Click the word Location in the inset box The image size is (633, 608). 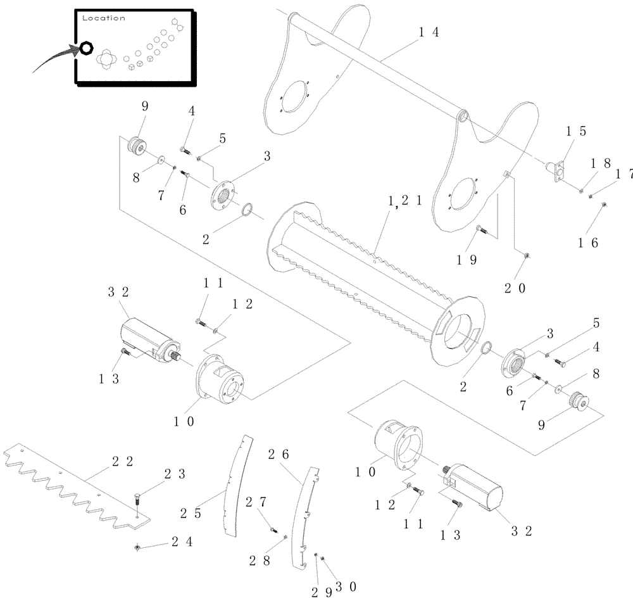pos(104,18)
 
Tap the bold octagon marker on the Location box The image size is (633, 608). pos(85,49)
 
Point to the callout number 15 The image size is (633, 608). pos(576,132)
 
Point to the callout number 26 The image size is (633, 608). pos(279,454)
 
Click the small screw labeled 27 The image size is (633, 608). pos(273,529)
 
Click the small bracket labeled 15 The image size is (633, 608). pos(558,171)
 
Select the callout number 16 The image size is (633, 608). pos(589,241)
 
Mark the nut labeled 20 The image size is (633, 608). pos(527,255)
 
